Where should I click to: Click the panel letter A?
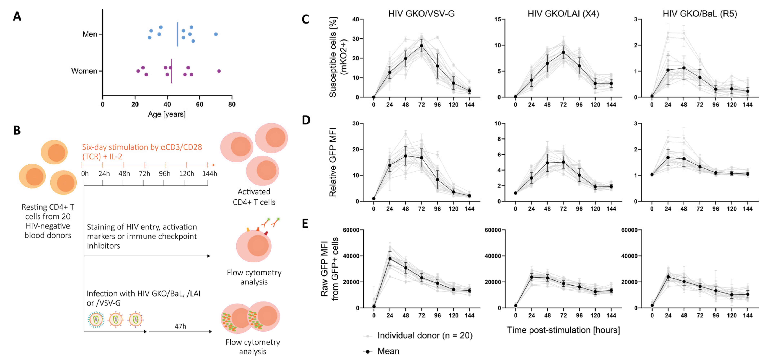(x=17, y=17)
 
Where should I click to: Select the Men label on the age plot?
(x=90, y=34)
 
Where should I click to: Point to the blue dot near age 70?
(x=216, y=34)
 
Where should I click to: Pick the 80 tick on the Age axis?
(x=232, y=105)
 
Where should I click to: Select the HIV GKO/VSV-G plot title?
(x=421, y=14)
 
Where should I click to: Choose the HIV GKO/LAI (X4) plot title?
(x=563, y=14)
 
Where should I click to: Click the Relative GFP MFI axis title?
(x=333, y=162)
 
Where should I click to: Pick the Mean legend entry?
(x=388, y=351)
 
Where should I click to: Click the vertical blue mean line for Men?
(x=178, y=34)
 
